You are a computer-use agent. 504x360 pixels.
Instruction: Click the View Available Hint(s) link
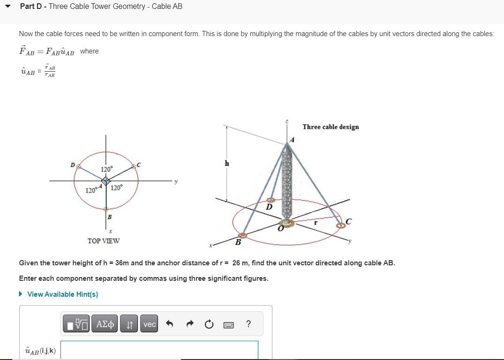(x=62, y=294)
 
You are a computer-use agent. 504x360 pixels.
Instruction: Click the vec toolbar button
(x=150, y=324)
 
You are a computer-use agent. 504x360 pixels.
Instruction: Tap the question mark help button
(x=248, y=324)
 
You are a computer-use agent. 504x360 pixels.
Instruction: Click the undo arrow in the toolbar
(x=171, y=324)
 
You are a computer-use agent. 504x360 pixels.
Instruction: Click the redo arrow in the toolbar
(x=190, y=324)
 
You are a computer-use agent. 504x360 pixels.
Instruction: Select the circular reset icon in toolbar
(x=209, y=324)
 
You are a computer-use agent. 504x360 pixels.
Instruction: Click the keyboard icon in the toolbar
(x=229, y=324)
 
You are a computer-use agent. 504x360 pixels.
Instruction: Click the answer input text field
(x=159, y=350)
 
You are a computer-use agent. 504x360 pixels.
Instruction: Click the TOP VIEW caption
(x=104, y=241)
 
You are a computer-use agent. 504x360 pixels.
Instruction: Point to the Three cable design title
(x=331, y=127)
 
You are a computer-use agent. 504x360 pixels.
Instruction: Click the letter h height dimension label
(x=227, y=163)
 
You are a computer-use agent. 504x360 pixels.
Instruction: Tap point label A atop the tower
(x=292, y=139)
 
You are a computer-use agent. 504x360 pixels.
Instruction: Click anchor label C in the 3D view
(x=348, y=222)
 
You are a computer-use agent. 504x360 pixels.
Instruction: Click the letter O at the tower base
(x=281, y=229)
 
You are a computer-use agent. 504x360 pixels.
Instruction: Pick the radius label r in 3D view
(x=316, y=223)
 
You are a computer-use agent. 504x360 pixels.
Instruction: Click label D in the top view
(x=73, y=165)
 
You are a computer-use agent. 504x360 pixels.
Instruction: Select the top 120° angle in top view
(x=106, y=169)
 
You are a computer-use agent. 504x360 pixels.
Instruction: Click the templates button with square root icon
(x=77, y=324)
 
